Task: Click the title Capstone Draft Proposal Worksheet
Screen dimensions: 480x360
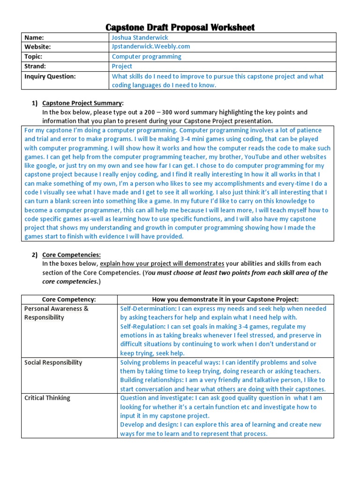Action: pos(180,27)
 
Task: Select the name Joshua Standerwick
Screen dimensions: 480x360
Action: pos(139,37)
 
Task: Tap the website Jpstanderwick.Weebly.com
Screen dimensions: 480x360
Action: pos(150,47)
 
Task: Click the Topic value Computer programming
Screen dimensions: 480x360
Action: pos(146,57)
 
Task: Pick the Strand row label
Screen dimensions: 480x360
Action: pos(35,66)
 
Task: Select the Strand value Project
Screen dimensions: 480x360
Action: pos(122,66)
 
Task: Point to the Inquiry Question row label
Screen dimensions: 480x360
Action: pos(50,76)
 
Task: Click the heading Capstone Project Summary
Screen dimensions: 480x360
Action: pos(82,103)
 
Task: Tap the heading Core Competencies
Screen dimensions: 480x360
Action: pos(71,255)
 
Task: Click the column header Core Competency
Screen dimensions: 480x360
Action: pos(69,300)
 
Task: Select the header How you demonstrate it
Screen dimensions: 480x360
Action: pos(225,300)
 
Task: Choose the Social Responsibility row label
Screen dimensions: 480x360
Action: pos(53,362)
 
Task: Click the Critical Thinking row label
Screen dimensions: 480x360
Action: pos(47,398)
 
